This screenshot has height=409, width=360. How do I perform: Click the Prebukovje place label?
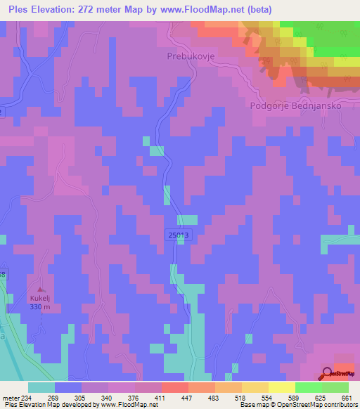tap(189, 55)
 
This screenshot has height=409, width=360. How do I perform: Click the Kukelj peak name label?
tap(40, 299)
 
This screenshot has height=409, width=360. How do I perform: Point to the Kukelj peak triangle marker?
tap(40, 290)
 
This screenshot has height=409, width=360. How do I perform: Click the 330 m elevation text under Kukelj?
tap(40, 307)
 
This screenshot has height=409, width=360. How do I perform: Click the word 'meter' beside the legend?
tap(9, 397)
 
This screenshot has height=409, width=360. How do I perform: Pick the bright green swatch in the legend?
tap(308, 387)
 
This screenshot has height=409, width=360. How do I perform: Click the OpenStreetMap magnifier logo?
tap(327, 373)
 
